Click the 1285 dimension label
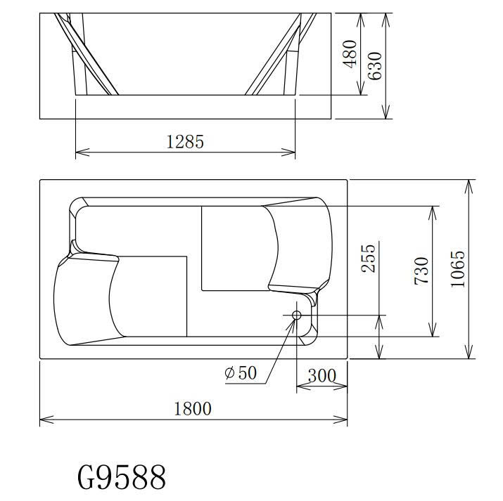click(x=185, y=142)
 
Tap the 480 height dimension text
click(x=350, y=54)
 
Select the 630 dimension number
click(x=375, y=65)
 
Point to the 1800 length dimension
click(x=193, y=409)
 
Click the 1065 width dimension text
click(x=458, y=269)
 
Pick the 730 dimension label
click(x=421, y=271)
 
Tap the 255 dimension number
click(x=368, y=259)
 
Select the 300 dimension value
click(x=321, y=375)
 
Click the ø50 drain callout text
click(x=241, y=372)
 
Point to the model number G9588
click(x=122, y=477)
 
